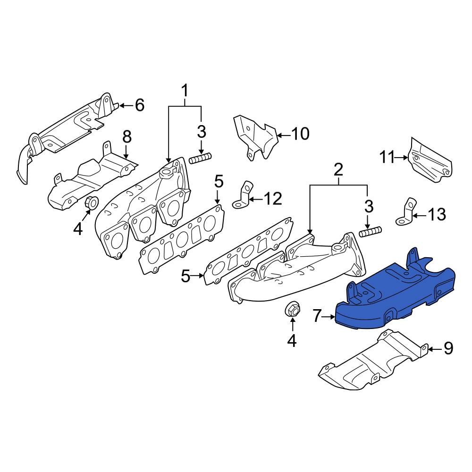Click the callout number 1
point(185,90)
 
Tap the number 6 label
point(139,105)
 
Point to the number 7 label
point(317,316)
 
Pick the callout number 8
point(126,137)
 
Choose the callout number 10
point(300,134)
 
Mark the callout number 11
point(387,157)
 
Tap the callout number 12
point(273,199)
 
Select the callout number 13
point(437,215)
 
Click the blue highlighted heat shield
point(396,297)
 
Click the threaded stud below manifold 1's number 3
point(200,158)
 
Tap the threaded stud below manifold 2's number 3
point(371,232)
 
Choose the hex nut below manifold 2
point(292,310)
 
